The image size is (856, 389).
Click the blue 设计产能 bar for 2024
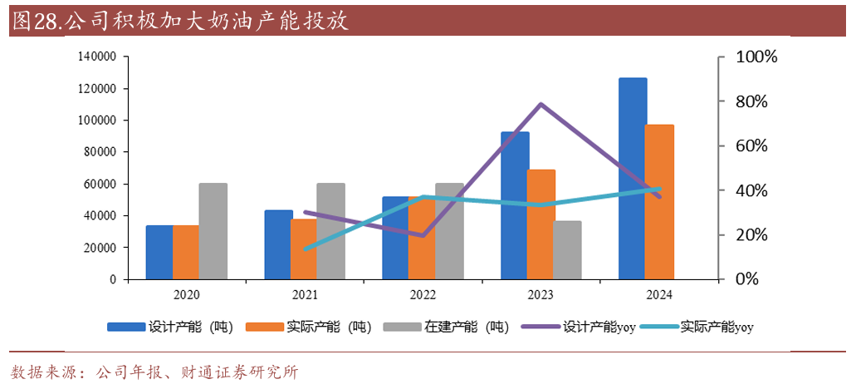[633, 179]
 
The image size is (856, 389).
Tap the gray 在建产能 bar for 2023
[567, 250]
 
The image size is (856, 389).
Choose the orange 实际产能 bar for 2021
[304, 249]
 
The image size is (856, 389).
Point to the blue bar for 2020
[159, 253]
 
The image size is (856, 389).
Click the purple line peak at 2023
[541, 104]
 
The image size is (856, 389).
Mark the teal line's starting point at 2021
[305, 249]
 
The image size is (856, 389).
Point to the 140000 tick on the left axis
[96, 57]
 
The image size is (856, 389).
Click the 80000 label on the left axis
[100, 152]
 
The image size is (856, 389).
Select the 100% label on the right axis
[756, 57]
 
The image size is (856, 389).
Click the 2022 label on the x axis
[423, 295]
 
